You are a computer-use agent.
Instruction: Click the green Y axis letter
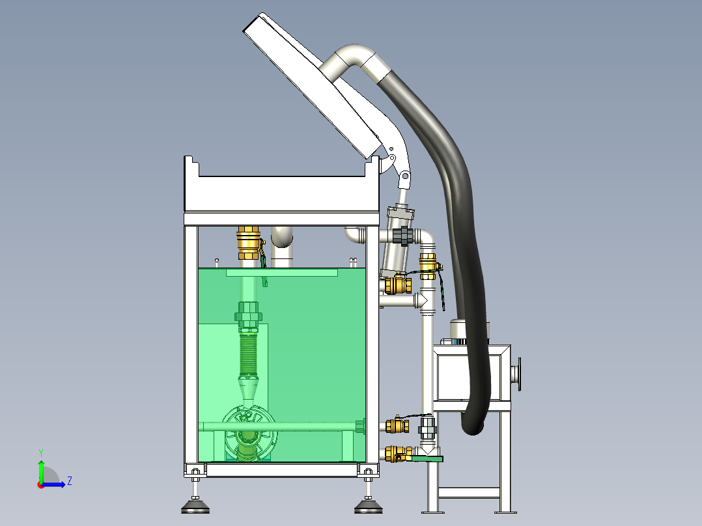41,452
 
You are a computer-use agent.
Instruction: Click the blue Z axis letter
70,481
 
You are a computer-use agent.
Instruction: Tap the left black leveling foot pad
195,508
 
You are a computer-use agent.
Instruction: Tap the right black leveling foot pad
369,508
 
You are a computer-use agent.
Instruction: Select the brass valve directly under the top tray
249,243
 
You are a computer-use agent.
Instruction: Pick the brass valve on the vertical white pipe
428,266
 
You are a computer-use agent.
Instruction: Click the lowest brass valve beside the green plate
397,454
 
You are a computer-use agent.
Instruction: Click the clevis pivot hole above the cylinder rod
405,176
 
